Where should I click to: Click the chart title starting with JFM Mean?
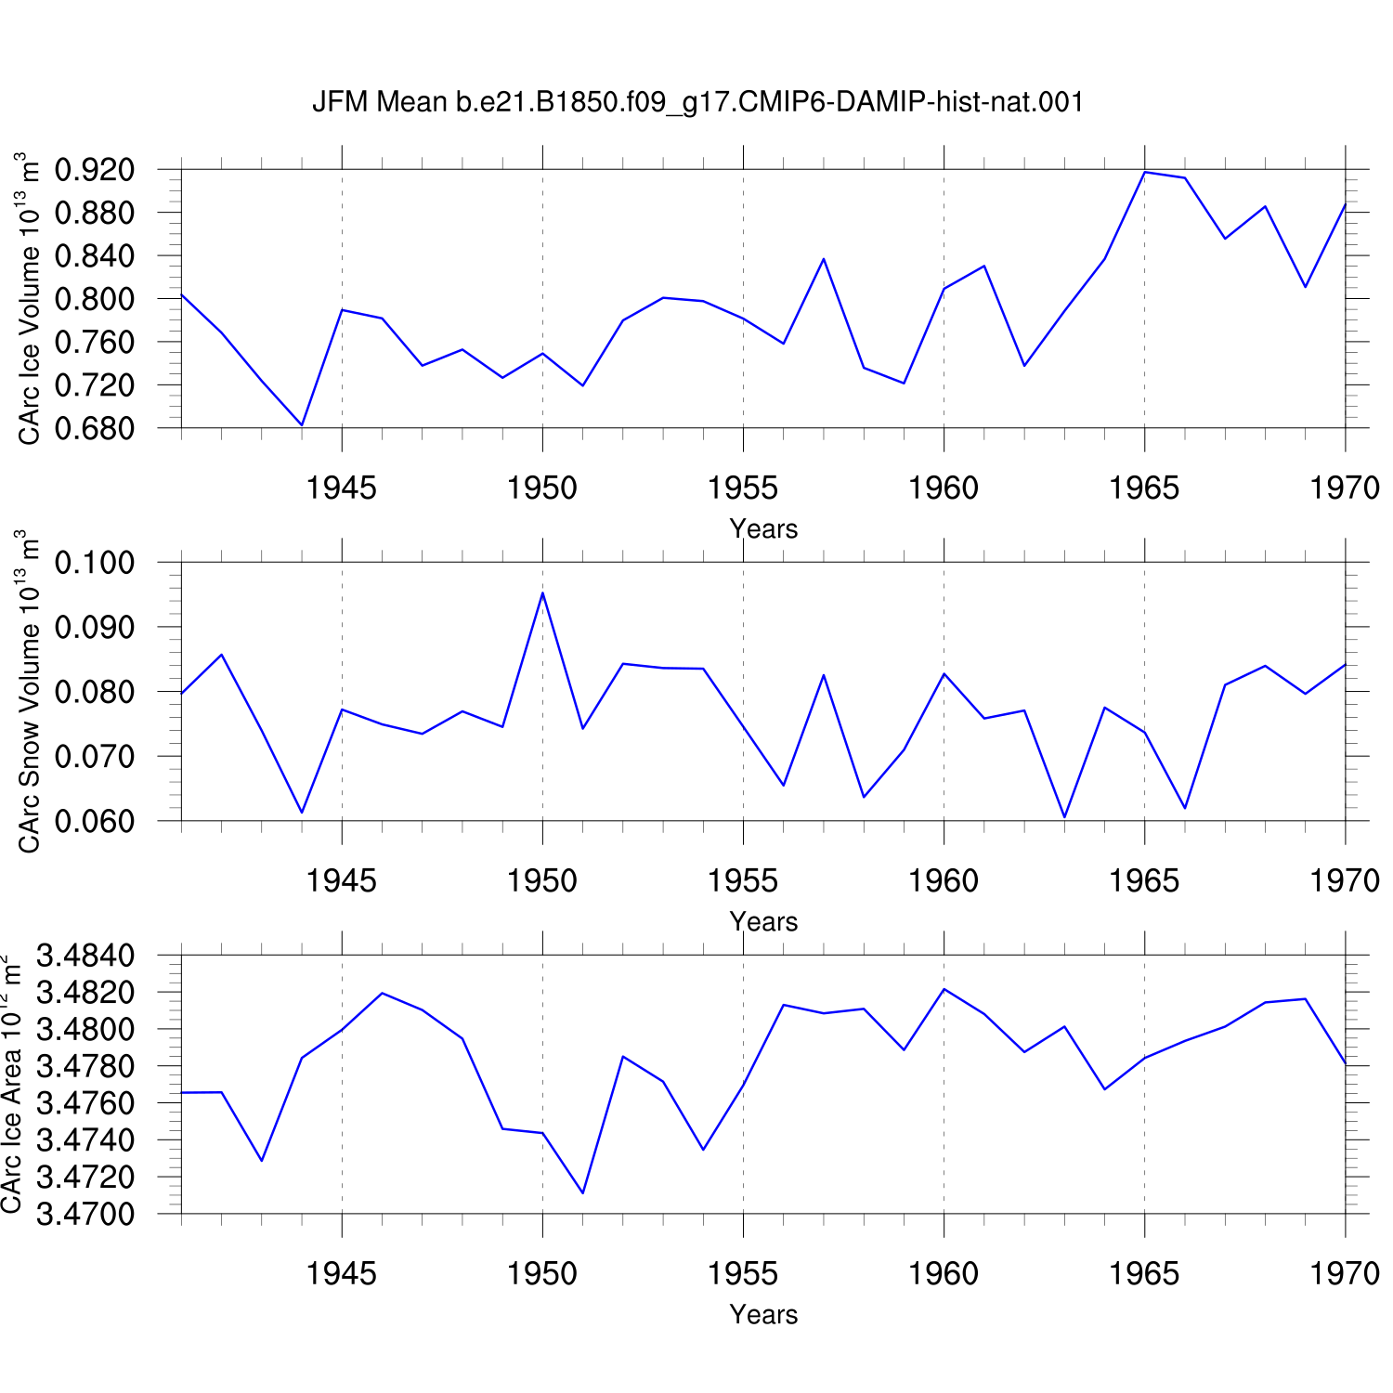(697, 102)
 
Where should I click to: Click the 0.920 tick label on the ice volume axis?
(95, 170)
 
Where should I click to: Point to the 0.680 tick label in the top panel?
(95, 428)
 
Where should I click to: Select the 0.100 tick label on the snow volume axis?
(95, 563)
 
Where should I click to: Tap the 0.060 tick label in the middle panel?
(95, 821)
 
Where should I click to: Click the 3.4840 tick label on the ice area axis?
(85, 956)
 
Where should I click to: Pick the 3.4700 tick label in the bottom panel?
(85, 1214)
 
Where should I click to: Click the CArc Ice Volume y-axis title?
(28, 298)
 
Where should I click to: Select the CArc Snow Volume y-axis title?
(28, 691)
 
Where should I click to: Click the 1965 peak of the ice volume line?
(1145, 172)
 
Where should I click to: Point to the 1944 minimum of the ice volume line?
(302, 425)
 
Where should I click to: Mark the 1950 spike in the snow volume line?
(542, 592)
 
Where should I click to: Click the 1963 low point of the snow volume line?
(1064, 817)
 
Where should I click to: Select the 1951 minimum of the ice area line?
(582, 1193)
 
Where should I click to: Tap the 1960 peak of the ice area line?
(944, 989)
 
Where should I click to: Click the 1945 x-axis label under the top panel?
(342, 488)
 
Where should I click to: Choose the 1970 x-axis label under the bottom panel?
(1345, 1274)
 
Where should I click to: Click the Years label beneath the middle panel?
(763, 921)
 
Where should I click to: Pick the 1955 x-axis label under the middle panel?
(743, 881)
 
